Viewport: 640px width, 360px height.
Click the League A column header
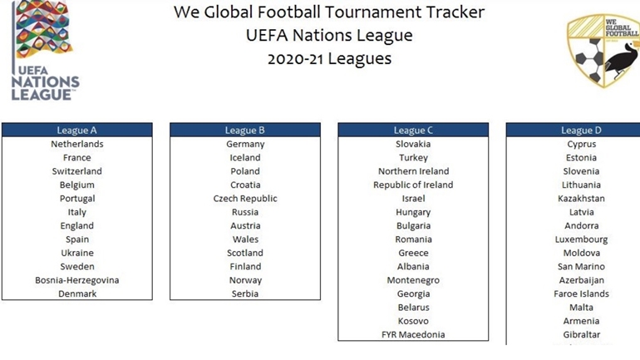pyautogui.click(x=77, y=131)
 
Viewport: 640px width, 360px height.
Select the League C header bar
pyautogui.click(x=413, y=131)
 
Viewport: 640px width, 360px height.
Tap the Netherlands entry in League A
pyautogui.click(x=77, y=144)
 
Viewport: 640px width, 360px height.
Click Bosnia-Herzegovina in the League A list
pyautogui.click(x=77, y=280)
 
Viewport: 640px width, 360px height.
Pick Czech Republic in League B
pyautogui.click(x=245, y=199)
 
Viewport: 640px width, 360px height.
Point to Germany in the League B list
pyautogui.click(x=245, y=144)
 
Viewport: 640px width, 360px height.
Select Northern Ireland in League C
pyautogui.click(x=413, y=171)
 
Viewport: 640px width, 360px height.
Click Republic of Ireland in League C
pyautogui.click(x=413, y=185)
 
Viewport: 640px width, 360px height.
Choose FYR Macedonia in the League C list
pyautogui.click(x=413, y=335)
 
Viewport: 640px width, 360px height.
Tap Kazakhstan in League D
pyautogui.click(x=581, y=199)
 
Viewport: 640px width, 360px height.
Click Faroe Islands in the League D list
pyautogui.click(x=581, y=293)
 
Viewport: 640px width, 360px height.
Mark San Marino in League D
pyautogui.click(x=581, y=267)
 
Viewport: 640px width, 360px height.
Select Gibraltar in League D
pyautogui.click(x=581, y=335)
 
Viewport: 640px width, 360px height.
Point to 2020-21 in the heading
pyautogui.click(x=295, y=59)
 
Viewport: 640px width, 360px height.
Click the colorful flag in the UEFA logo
pyautogui.click(x=44, y=28)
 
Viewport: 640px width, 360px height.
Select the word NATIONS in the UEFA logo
pyautogui.click(x=46, y=82)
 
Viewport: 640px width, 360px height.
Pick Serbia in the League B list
pyautogui.click(x=245, y=293)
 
